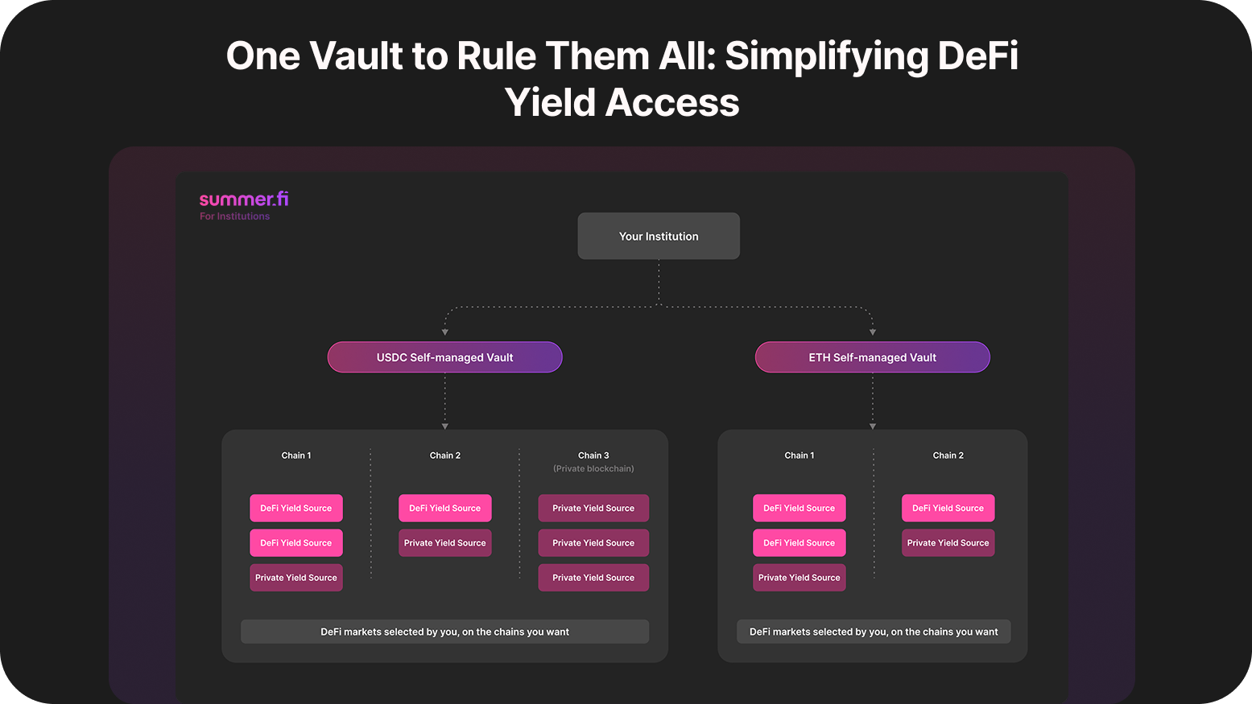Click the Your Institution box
click(659, 236)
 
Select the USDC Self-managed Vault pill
click(444, 357)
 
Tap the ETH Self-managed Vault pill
click(872, 357)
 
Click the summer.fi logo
click(244, 199)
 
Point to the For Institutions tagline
click(234, 216)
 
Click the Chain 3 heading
click(593, 455)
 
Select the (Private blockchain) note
click(593, 468)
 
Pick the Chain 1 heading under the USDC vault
click(296, 455)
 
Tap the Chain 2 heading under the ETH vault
click(948, 455)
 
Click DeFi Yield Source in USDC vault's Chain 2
click(444, 508)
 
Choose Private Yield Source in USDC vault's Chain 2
click(444, 543)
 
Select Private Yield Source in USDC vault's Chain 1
click(296, 578)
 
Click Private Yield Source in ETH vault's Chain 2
click(948, 543)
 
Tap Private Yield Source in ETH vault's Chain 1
click(800, 578)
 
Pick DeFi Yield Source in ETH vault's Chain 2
click(948, 508)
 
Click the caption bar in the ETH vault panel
click(874, 632)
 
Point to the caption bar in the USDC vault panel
click(444, 632)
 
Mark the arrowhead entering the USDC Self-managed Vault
click(444, 332)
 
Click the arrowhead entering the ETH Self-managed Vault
click(872, 332)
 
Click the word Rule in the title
click(496, 56)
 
